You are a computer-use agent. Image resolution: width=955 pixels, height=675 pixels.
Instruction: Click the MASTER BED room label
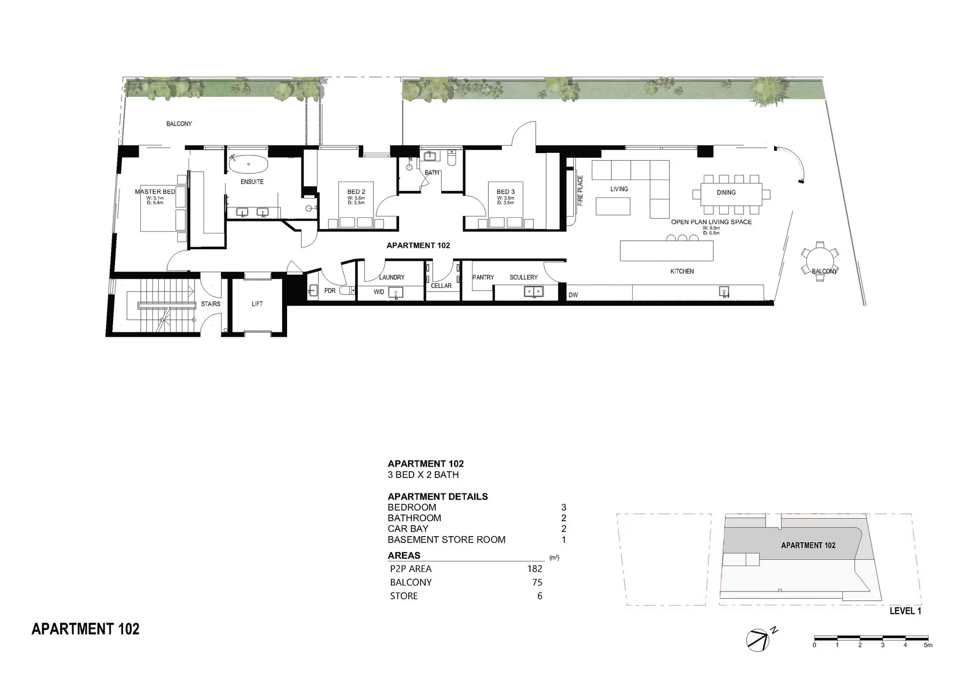tap(155, 192)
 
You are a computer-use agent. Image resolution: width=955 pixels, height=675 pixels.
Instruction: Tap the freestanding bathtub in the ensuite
tap(248, 164)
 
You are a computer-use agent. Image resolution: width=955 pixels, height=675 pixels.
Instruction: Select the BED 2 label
tap(356, 192)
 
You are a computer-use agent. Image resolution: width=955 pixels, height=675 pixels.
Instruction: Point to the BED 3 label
tap(505, 192)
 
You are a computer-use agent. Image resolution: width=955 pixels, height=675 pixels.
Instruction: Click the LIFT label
tap(257, 304)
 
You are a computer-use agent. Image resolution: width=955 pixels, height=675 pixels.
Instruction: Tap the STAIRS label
tap(210, 304)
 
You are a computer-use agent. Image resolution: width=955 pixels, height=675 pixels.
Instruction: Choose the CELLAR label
tap(441, 286)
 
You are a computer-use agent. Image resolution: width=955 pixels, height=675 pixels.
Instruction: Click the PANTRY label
tap(483, 277)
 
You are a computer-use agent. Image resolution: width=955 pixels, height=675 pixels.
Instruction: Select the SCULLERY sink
tap(534, 291)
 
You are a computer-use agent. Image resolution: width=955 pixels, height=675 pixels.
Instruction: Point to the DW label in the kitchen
tap(573, 295)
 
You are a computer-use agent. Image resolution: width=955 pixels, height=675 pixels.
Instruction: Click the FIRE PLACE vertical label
tap(580, 191)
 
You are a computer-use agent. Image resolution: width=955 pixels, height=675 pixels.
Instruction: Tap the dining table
tap(731, 193)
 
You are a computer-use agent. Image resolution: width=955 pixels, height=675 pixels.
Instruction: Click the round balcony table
tap(820, 261)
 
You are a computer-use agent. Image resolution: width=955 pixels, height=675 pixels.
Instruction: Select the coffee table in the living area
tap(613, 206)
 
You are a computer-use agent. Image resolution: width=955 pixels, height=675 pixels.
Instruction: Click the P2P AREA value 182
tap(535, 569)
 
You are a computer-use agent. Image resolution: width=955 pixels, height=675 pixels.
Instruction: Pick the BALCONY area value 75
tap(537, 582)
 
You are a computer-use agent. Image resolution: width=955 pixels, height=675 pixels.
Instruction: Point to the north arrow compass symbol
tap(758, 640)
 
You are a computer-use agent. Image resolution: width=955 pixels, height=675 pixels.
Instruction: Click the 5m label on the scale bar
tap(928, 645)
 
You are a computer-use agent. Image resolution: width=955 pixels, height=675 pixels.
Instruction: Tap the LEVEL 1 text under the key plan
tap(905, 611)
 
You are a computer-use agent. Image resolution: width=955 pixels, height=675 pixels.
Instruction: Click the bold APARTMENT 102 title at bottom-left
tap(86, 629)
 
